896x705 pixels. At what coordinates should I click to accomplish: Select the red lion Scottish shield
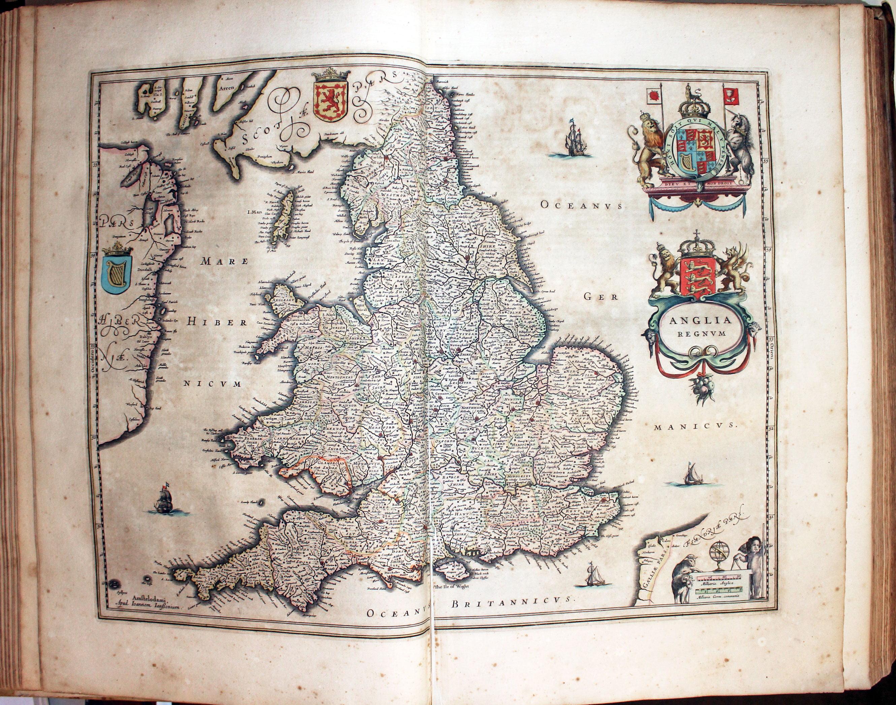click(331, 101)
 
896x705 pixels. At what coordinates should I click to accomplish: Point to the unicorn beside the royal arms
click(741, 147)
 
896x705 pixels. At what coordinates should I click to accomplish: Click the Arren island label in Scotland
click(227, 88)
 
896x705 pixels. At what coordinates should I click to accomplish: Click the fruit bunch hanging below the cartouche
click(702, 388)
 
